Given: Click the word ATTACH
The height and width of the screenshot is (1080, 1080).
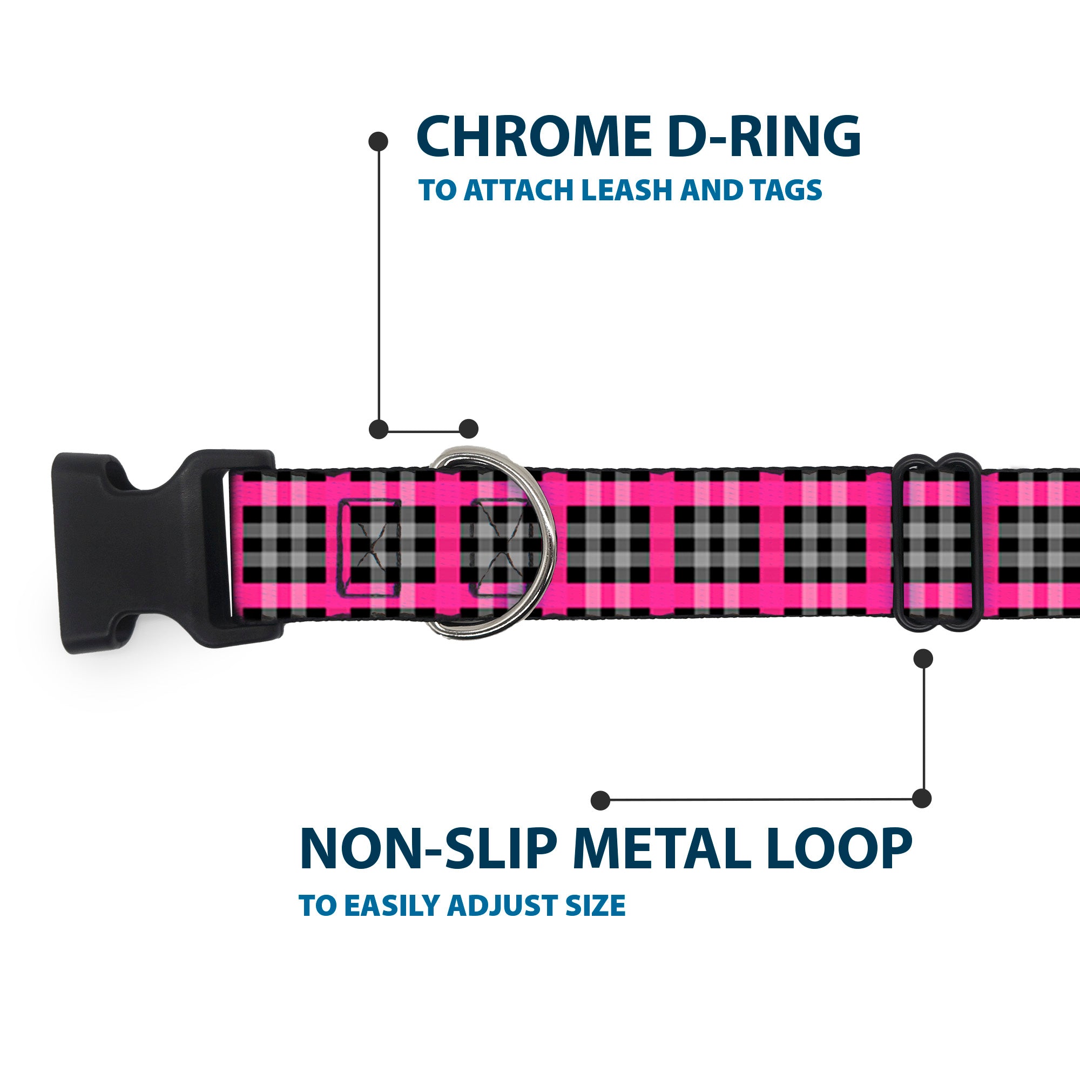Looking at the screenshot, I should pos(519,190).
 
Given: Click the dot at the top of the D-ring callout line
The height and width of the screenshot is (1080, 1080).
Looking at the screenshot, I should pos(379,141).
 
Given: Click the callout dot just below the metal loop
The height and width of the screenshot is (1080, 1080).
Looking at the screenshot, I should pos(923,658).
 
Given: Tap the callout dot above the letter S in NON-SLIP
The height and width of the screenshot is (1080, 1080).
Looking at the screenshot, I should pos(600,800).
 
